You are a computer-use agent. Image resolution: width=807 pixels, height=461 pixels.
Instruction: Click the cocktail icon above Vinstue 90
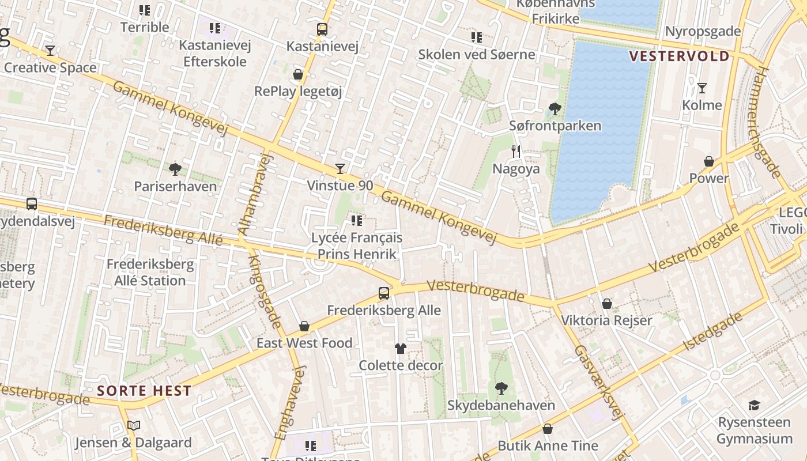[x=340, y=168]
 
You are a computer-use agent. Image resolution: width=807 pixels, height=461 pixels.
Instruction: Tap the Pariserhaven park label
[x=175, y=186]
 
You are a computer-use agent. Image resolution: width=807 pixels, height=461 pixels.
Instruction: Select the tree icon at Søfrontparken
[x=555, y=108]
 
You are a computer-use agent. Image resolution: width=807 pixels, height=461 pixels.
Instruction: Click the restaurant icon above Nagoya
[x=516, y=152]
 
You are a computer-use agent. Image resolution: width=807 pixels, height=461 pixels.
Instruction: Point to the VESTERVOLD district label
[x=679, y=56]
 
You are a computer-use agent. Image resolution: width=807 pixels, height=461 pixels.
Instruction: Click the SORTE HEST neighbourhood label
[x=144, y=391]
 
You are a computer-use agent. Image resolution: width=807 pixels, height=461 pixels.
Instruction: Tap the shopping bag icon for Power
[x=709, y=161]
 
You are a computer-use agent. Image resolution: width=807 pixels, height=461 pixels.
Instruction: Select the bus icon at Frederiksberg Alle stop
[x=384, y=293]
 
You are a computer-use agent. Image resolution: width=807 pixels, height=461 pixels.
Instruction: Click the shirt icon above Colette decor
[x=401, y=348]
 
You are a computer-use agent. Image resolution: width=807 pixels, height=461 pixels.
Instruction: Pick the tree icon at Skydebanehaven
[x=501, y=388]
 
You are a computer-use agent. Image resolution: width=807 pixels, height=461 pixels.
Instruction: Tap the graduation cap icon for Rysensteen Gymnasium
[x=754, y=405]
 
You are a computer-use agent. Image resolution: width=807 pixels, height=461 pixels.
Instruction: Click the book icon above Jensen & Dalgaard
[x=134, y=426]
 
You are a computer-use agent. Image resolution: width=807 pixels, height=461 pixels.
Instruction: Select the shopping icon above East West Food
[x=304, y=326]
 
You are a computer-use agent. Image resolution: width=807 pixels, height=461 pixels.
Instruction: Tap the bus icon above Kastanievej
[x=322, y=29]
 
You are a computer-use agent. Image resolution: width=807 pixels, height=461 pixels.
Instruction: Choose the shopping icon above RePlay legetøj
[x=298, y=74]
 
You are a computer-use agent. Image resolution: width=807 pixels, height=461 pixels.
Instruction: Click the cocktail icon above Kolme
[x=702, y=88]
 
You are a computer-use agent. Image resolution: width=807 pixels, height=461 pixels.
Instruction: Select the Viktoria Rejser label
[x=606, y=320]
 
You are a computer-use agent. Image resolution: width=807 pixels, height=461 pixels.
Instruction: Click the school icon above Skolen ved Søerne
[x=476, y=37]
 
